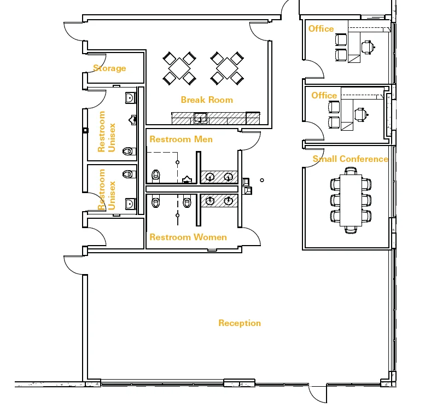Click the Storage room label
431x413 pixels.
point(109,68)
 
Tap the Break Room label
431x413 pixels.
point(207,100)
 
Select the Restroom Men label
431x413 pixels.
point(181,139)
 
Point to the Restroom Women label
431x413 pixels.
point(188,237)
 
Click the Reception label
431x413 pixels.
point(240,323)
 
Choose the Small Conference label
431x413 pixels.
point(350,159)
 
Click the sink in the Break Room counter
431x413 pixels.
point(200,118)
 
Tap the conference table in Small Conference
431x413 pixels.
point(351,200)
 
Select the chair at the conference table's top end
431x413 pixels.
point(351,171)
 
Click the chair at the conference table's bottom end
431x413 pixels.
point(351,230)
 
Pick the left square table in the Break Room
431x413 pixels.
point(179,68)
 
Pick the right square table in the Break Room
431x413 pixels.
point(227,68)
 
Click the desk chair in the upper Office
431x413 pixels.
point(368,47)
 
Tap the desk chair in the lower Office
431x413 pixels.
point(360,115)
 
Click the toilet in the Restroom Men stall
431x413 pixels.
point(156,175)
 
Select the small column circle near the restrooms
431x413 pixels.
point(262,180)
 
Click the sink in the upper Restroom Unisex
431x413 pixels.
point(131,98)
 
